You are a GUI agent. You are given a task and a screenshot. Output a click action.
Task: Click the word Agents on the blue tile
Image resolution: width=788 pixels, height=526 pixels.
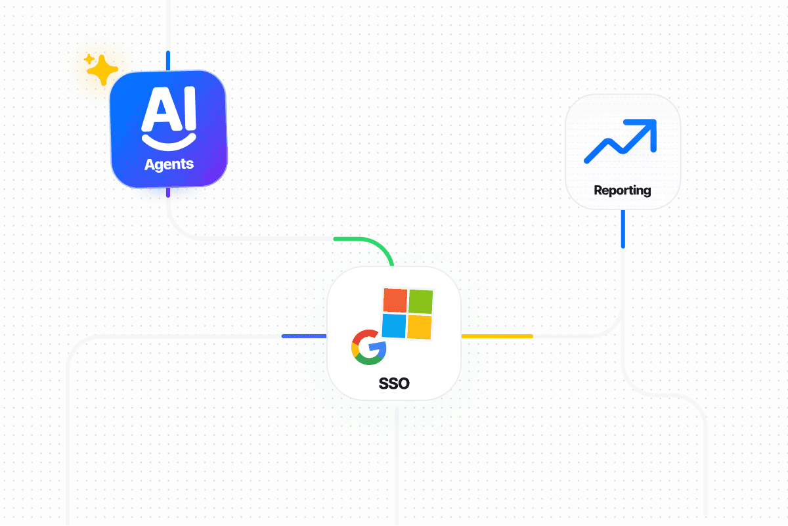(x=169, y=164)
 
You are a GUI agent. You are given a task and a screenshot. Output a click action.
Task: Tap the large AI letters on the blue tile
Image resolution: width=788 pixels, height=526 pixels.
(x=169, y=106)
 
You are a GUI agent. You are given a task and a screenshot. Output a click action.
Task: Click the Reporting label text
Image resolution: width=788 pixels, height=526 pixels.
(x=622, y=190)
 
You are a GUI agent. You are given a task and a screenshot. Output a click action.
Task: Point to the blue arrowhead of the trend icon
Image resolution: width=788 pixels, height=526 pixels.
(x=646, y=127)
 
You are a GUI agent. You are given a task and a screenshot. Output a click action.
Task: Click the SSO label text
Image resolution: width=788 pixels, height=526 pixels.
(x=394, y=384)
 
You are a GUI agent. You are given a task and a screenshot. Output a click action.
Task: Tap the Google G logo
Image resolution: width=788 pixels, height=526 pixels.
(x=368, y=347)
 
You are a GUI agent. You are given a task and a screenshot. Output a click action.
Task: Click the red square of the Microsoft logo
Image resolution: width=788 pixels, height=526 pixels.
(x=395, y=301)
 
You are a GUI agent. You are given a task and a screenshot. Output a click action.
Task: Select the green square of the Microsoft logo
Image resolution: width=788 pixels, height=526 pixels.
(x=420, y=301)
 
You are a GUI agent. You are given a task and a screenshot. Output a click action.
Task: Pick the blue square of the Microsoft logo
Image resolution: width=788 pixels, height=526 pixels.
(x=395, y=325)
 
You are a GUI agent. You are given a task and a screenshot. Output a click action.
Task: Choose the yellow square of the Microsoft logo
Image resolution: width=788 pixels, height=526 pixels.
(x=419, y=326)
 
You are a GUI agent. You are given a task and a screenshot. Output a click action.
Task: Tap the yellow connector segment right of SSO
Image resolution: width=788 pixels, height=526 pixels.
(x=497, y=336)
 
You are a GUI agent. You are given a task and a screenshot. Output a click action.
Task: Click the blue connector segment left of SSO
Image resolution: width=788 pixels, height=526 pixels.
(x=303, y=336)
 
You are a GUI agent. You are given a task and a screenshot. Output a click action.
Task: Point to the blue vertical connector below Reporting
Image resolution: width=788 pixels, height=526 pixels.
(x=623, y=229)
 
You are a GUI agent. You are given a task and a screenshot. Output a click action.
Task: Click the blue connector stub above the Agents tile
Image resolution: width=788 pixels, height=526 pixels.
(x=168, y=60)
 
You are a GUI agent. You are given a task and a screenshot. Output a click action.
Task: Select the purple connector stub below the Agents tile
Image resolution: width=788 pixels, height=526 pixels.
(x=168, y=192)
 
